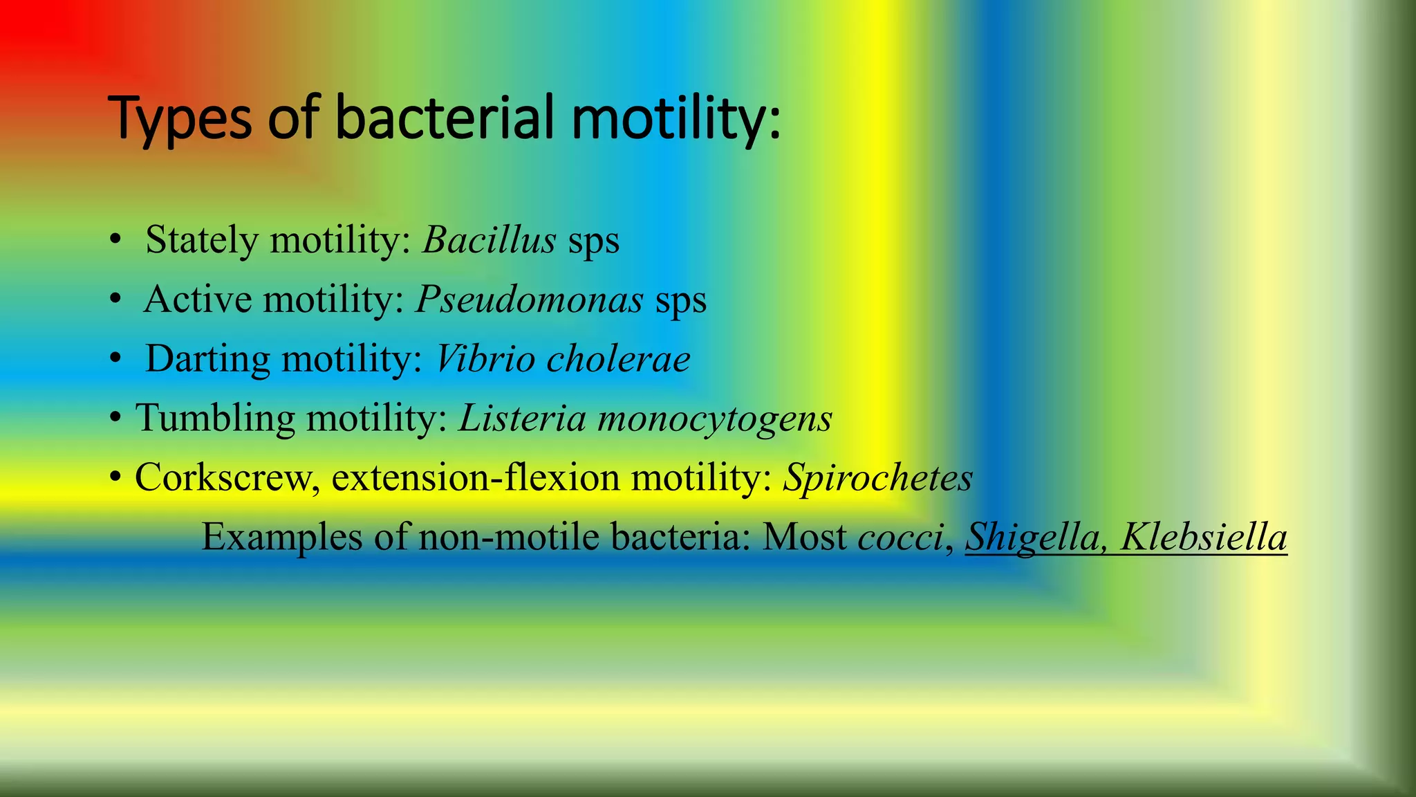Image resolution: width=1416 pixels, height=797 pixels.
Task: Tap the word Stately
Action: click(202, 241)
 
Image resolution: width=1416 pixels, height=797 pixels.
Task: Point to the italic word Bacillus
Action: click(490, 240)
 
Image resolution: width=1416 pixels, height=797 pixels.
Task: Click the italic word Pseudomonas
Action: click(530, 300)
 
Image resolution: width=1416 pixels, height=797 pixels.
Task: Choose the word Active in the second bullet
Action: click(198, 300)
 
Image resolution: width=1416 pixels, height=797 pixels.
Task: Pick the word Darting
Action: click(207, 359)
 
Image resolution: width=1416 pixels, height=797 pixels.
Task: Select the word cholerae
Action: click(618, 359)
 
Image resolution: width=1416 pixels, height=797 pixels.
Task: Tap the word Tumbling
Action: click(215, 419)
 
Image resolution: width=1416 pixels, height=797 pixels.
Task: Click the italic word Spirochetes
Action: click(877, 478)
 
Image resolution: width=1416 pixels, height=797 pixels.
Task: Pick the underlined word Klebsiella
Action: click(1204, 537)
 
